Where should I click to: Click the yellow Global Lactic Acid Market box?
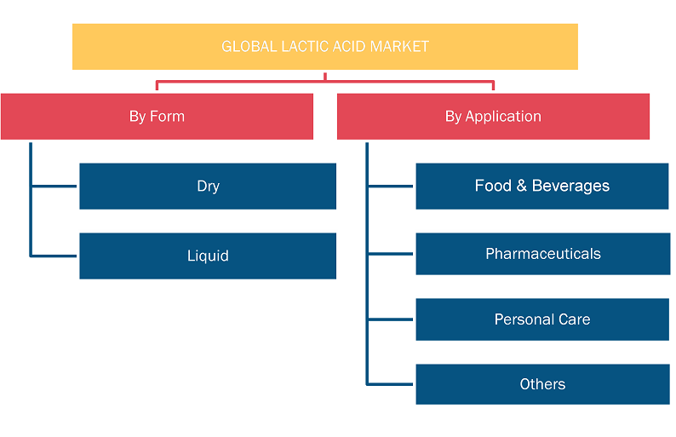[325, 47]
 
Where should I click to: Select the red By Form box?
[157, 117]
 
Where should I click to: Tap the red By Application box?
[493, 117]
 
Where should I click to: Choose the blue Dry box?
[208, 187]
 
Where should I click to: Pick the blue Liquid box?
[208, 256]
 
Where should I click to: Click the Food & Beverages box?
[542, 187]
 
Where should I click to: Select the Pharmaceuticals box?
[543, 254]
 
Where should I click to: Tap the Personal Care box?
[542, 319]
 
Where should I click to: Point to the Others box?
[542, 384]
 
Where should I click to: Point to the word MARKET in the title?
[399, 47]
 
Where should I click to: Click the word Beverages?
[570, 186]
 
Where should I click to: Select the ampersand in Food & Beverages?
[522, 186]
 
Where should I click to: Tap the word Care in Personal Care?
[574, 319]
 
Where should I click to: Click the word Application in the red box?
[503, 117]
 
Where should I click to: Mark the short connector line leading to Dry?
[54, 187]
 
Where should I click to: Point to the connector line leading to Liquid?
[54, 256]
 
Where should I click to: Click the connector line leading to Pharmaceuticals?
[390, 254]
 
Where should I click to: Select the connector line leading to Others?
[390, 384]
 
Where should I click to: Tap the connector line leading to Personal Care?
[390, 319]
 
